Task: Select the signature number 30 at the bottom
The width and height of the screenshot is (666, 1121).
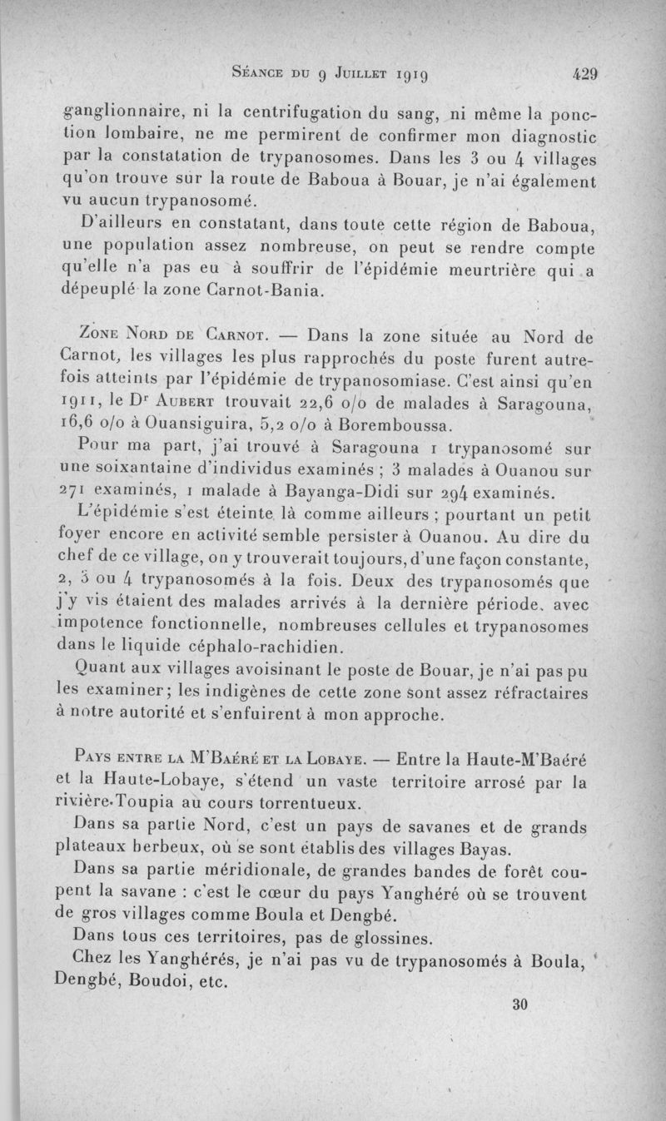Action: (521, 1004)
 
